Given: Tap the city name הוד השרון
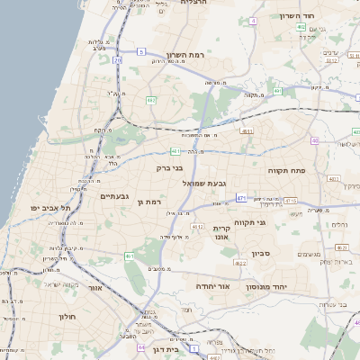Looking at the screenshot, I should pos(319,16).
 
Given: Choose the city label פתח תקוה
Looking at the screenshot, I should pos(287,169).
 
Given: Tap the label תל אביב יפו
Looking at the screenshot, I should pos(49,208).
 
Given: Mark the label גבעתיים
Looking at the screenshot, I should pos(114,196).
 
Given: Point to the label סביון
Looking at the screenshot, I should pos(261,254).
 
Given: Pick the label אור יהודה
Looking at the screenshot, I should pos(213,286).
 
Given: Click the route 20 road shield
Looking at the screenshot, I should pos(117,60).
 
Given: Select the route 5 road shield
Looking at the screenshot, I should pos(141,52).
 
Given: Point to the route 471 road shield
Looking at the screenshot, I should pos(241,197).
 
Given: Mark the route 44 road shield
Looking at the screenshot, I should pos(140,346).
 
